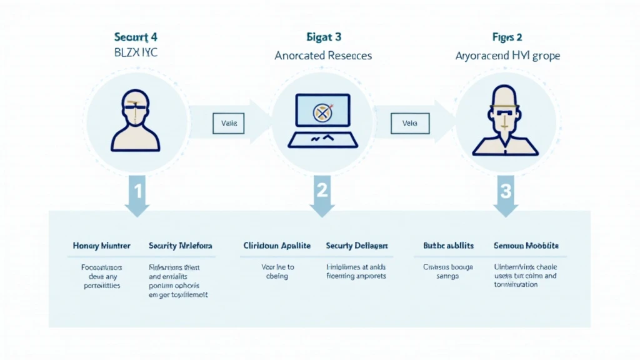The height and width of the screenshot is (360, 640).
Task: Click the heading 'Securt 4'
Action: [x=136, y=37]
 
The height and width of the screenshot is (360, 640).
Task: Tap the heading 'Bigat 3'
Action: [x=323, y=37]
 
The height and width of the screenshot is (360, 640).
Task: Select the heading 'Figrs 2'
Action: [x=507, y=37]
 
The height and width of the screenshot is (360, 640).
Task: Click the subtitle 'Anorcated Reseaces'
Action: [x=323, y=56]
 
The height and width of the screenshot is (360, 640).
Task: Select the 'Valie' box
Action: [x=229, y=123]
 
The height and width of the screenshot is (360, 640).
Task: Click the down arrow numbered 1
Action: [x=137, y=194]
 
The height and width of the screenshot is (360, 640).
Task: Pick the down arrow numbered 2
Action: [x=322, y=194]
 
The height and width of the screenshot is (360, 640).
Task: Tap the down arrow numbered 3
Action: [x=505, y=194]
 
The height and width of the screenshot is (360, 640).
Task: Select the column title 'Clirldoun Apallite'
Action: [x=276, y=246]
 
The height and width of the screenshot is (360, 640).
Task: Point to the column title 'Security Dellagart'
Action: [x=357, y=246]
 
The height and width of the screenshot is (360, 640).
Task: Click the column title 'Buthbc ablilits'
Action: [x=447, y=246]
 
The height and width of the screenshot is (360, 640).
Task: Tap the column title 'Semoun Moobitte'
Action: [x=526, y=246]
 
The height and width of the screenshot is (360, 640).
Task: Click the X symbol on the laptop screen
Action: [x=321, y=112]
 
